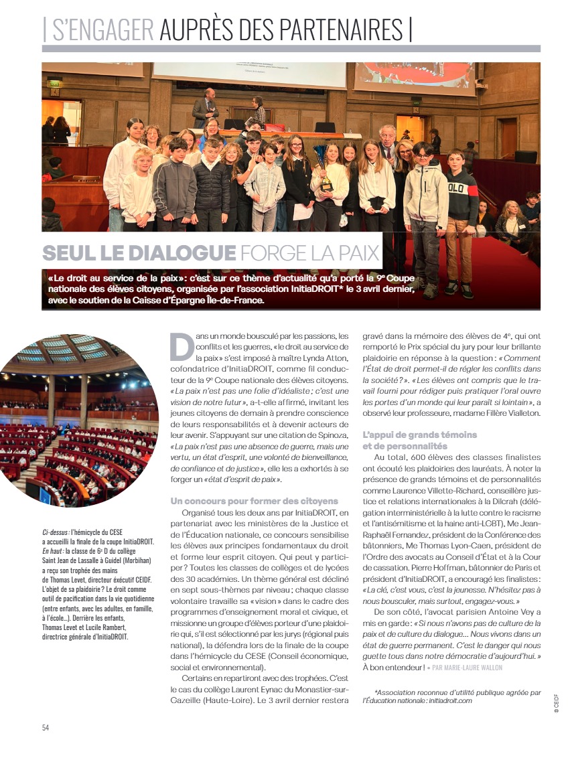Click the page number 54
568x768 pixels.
click(x=46, y=727)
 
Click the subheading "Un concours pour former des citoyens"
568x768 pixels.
click(x=254, y=501)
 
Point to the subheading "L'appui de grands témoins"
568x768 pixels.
click(x=419, y=435)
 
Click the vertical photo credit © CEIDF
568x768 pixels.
click(x=556, y=703)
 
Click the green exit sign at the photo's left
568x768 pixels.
click(x=55, y=82)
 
